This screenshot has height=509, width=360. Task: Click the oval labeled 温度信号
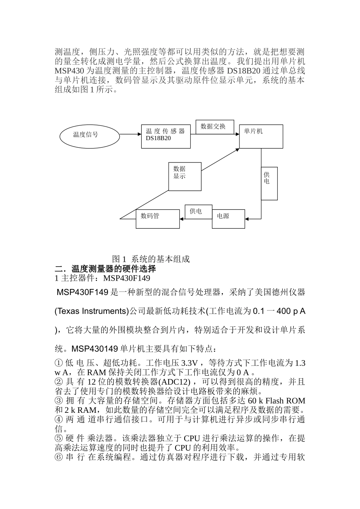[x=90, y=135]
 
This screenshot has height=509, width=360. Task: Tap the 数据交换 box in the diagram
[x=214, y=127]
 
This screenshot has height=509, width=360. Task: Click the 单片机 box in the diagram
[x=261, y=136]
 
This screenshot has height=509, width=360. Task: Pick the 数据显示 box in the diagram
[x=185, y=176]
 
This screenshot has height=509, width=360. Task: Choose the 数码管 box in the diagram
[x=158, y=219]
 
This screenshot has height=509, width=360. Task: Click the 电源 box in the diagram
[x=228, y=219]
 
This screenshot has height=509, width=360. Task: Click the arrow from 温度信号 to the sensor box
[x=130, y=134]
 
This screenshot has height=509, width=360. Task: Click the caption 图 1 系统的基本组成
[x=151, y=259]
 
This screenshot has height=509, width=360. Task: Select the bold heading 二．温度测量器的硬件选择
[x=105, y=269]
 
